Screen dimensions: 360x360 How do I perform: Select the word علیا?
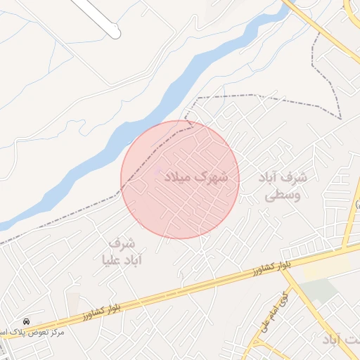pos(116,260)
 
